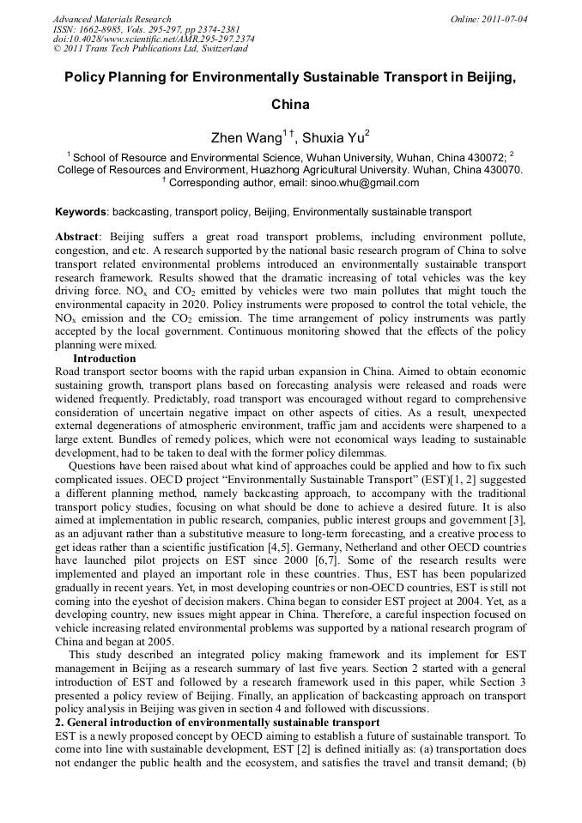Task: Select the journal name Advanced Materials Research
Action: pyautogui.click(x=112, y=19)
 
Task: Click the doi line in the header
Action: pyautogui.click(x=154, y=39)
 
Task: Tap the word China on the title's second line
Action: pyautogui.click(x=290, y=106)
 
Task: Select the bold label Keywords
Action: pyautogui.click(x=81, y=211)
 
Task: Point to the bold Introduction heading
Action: pyautogui.click(x=116, y=358)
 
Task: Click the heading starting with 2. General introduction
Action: pyautogui.click(x=216, y=723)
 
